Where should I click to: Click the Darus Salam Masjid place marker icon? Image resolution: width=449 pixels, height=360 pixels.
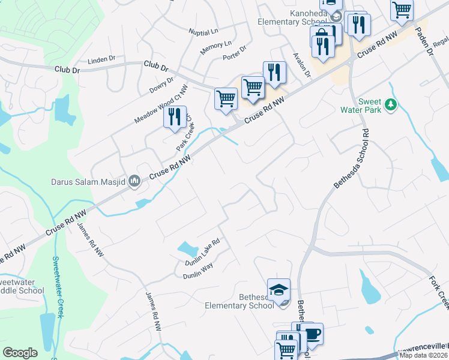[x=135, y=181]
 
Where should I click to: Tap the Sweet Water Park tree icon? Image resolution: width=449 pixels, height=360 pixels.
[x=391, y=105]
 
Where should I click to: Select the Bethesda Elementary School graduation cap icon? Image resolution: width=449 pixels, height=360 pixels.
[x=279, y=290]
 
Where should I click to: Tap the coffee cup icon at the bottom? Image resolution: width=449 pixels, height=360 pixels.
[x=312, y=333]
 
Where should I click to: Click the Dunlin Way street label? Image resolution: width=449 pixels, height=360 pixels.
[x=199, y=271]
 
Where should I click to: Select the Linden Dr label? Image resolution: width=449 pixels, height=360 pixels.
[x=101, y=59]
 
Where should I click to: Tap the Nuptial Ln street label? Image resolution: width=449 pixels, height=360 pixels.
[x=203, y=32]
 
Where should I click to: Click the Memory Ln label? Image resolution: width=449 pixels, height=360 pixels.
[x=215, y=48]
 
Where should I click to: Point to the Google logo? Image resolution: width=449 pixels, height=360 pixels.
[x=20, y=353]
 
